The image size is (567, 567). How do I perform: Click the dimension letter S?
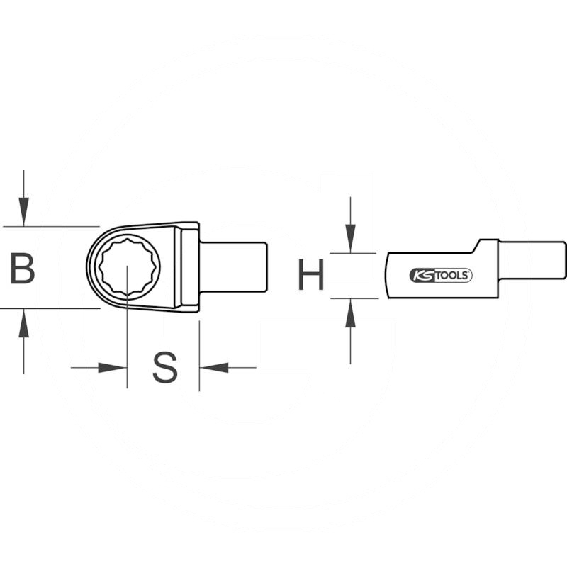point(164,367)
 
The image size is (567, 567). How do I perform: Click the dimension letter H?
point(310,275)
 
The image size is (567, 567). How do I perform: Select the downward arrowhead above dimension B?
point(23,210)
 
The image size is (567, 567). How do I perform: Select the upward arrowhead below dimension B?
point(23,325)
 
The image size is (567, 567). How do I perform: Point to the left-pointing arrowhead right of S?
point(214,367)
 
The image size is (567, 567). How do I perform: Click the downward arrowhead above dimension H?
point(350,237)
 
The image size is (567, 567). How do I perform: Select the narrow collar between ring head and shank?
point(190,266)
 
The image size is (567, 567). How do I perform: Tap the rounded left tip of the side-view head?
point(388,276)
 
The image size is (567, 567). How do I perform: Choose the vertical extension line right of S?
point(199,354)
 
